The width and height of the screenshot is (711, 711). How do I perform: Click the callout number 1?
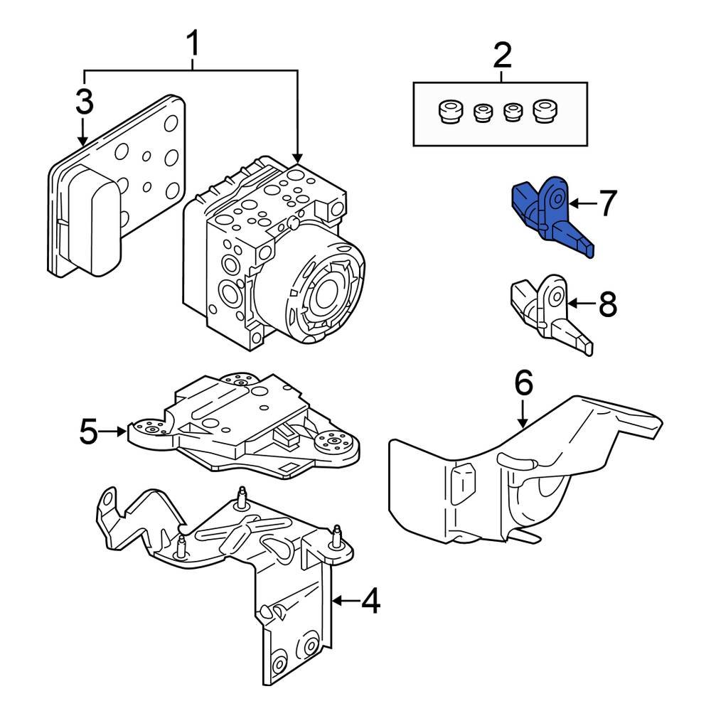click(x=191, y=46)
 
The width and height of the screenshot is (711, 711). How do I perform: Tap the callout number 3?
click(x=84, y=102)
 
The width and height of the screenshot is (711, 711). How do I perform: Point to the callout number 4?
click(x=370, y=603)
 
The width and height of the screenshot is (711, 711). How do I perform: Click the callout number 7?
click(x=606, y=204)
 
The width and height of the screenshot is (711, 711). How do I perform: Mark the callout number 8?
click(x=606, y=305)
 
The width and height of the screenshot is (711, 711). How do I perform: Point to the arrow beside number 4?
click(x=346, y=602)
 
